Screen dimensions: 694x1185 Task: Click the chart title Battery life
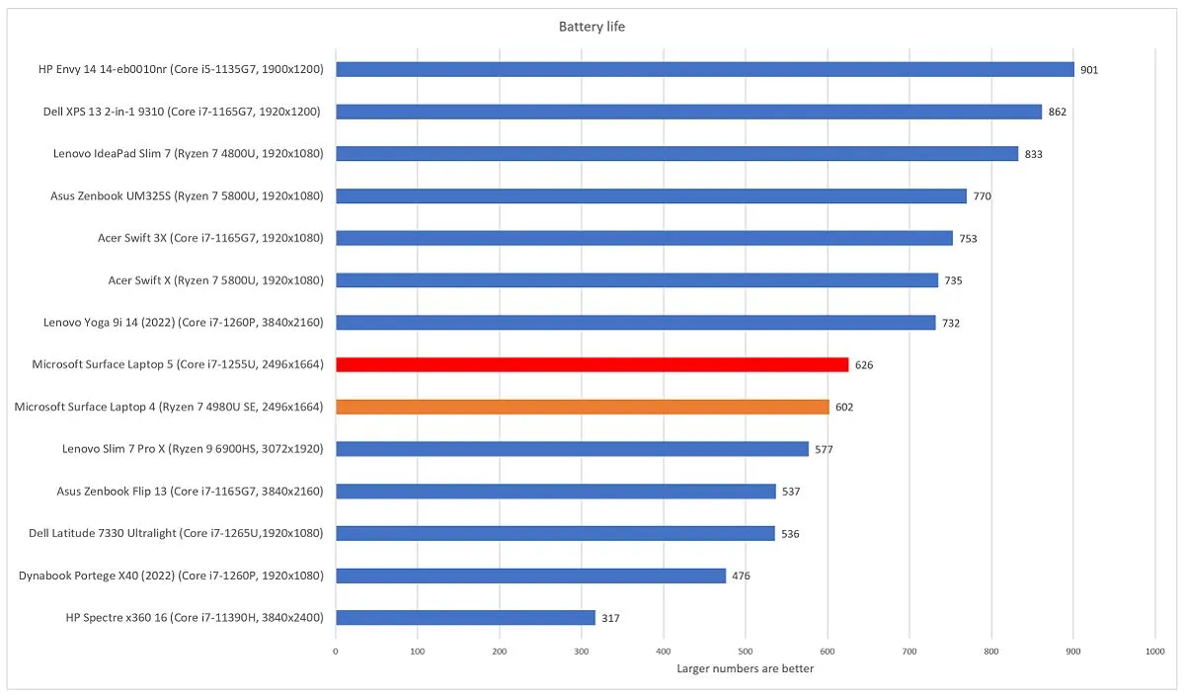(592, 27)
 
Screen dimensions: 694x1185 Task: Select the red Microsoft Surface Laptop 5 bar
(592, 364)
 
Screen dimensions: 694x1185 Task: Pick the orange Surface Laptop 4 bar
(582, 407)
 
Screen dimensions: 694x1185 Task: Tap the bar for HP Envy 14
(704, 69)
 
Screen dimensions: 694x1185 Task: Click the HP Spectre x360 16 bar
(465, 618)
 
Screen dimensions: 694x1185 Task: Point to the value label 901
(1088, 70)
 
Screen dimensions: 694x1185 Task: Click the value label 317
(610, 619)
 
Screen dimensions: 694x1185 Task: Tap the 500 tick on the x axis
(746, 652)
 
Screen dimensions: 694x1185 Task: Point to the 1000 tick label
(1155, 652)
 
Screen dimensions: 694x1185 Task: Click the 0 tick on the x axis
(336, 652)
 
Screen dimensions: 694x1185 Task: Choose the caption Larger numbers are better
(746, 669)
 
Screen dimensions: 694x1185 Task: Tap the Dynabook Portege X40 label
(171, 576)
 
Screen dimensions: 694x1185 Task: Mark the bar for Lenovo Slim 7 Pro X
(572, 449)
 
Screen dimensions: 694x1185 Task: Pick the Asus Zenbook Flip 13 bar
(555, 492)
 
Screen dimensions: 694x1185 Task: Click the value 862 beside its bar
(1057, 113)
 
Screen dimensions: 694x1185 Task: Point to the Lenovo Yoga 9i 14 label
(184, 322)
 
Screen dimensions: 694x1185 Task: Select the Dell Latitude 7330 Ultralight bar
(555, 533)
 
